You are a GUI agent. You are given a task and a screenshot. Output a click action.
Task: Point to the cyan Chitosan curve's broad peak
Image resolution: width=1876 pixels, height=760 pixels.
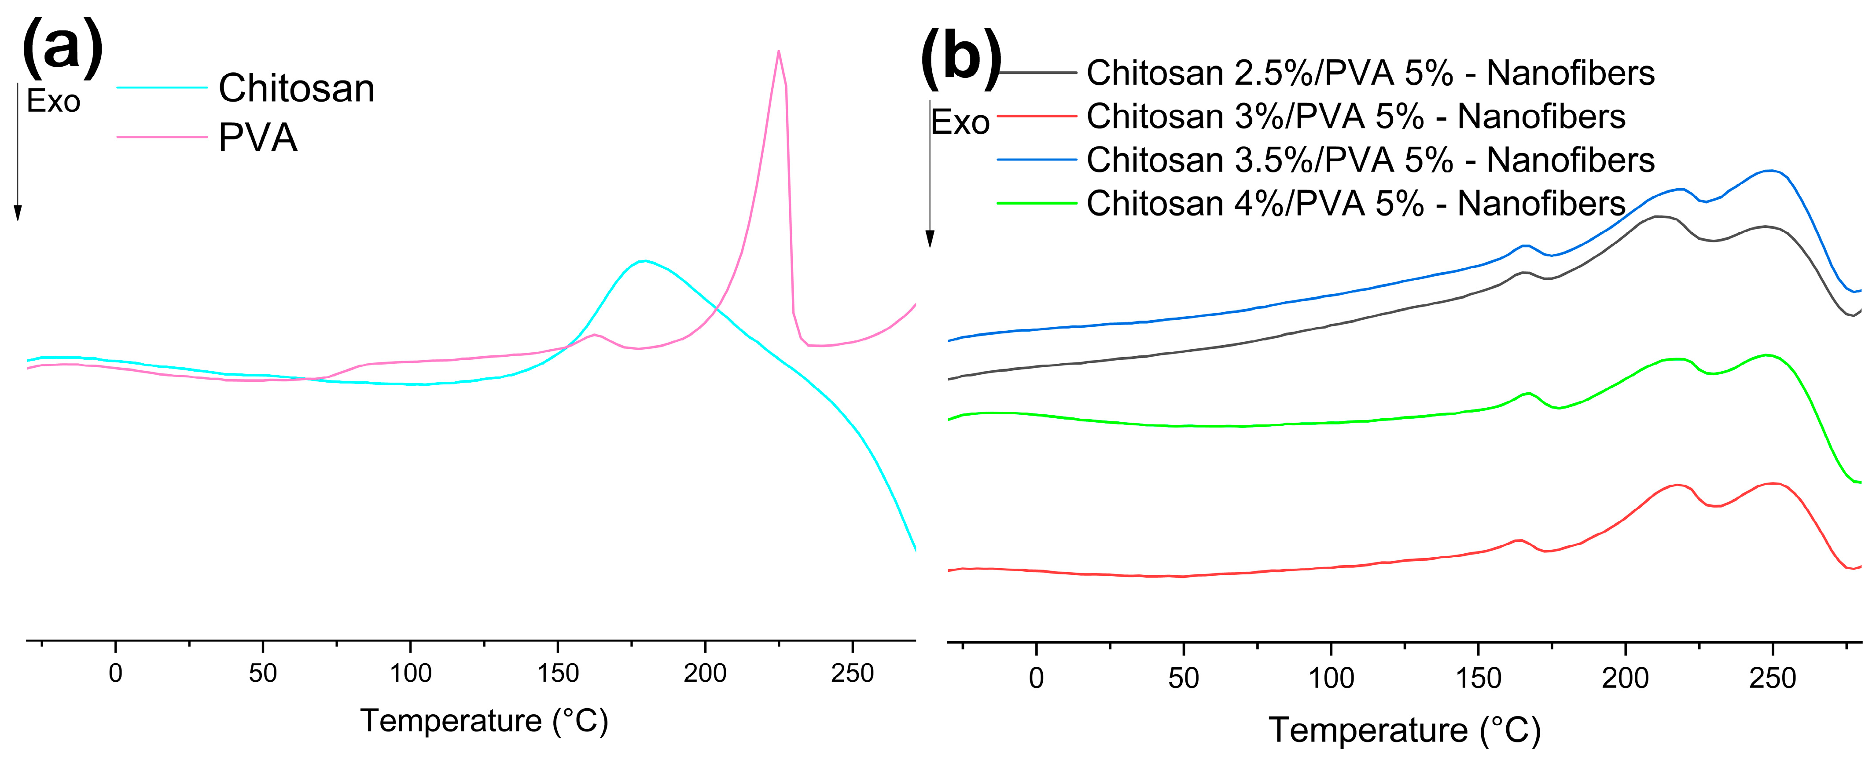point(644,261)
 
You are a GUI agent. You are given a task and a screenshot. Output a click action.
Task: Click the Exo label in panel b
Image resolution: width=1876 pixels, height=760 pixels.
point(960,122)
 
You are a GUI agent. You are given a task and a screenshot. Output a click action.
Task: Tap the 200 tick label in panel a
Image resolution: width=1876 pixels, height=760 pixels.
point(704,673)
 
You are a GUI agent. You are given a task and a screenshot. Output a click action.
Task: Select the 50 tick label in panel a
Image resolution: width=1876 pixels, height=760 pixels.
point(262,673)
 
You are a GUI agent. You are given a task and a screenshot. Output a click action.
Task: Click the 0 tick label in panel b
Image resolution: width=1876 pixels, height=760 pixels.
point(1036,679)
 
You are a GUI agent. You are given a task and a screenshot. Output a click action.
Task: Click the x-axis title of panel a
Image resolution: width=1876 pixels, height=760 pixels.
point(484,721)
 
